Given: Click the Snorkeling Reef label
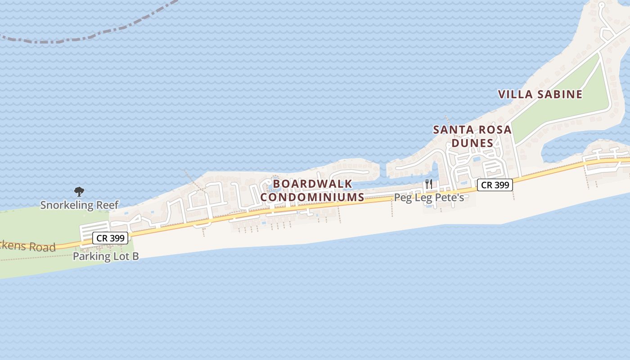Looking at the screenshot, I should coord(79,205).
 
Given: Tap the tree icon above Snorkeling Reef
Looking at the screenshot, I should coord(79,192).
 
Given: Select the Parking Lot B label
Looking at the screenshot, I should coord(106,256).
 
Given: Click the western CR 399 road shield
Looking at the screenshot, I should coord(110,238).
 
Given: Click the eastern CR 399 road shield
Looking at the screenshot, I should coord(495,185).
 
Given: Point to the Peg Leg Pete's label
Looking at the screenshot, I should coord(429,198).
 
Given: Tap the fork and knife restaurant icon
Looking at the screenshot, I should coord(428,184).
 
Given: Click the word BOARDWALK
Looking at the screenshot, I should coord(313,184).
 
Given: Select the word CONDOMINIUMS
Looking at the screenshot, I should coord(312,197).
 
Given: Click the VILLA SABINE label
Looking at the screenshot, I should coord(540,94).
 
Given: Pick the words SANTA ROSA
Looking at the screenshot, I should coord(472,130).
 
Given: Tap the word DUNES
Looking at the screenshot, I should coord(472,143).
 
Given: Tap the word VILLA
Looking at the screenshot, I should coord(515,94).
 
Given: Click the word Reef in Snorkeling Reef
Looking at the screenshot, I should coord(108,205).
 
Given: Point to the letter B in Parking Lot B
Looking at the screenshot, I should coord(135,256).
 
